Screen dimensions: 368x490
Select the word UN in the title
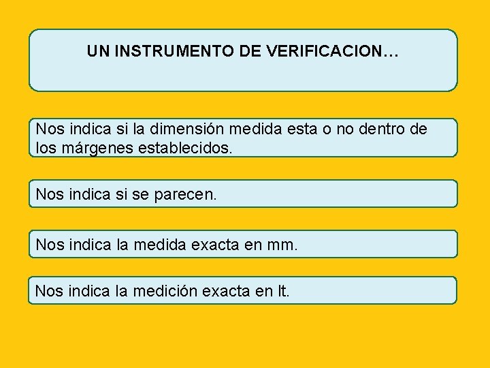[97, 51]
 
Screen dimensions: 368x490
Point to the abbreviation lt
[283, 291]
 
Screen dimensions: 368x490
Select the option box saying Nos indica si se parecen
[243, 194]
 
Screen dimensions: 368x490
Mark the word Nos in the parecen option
[49, 194]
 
